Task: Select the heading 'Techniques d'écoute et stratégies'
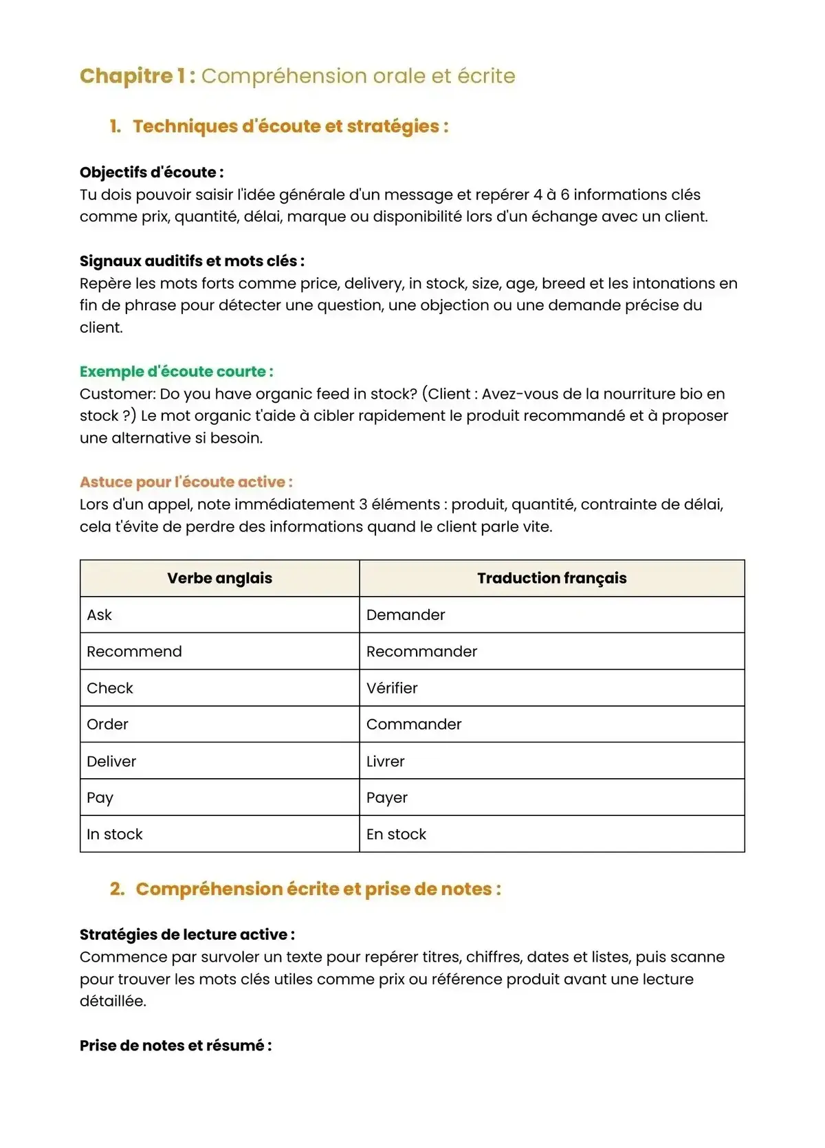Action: point(290,126)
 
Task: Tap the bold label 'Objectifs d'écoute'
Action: point(151,173)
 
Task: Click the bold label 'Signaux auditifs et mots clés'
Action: point(192,261)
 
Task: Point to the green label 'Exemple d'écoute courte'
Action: point(176,372)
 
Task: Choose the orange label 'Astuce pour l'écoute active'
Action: point(186,482)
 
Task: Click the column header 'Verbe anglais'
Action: point(219,578)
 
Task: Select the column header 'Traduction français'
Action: point(551,578)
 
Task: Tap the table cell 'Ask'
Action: point(100,615)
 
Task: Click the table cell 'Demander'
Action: point(406,615)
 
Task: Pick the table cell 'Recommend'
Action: point(135,652)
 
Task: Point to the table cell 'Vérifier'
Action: point(392,688)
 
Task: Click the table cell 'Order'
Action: point(108,725)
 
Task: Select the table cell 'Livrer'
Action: point(386,762)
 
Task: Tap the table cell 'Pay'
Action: point(100,798)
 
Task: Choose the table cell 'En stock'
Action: point(396,835)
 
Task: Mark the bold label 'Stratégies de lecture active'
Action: point(187,935)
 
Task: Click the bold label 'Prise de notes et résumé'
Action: point(175,1046)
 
